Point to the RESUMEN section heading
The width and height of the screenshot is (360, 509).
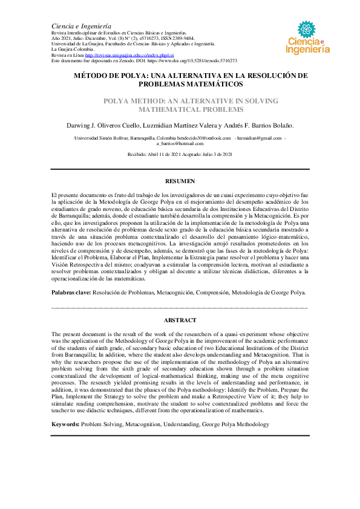(x=180, y=181)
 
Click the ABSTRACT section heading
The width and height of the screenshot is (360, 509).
(x=180, y=320)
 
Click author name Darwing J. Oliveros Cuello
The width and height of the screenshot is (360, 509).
(x=104, y=125)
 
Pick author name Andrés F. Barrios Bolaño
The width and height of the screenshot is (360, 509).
(x=264, y=125)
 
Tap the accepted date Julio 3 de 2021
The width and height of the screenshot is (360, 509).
(x=215, y=155)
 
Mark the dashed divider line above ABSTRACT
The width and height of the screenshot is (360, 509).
(x=180, y=308)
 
